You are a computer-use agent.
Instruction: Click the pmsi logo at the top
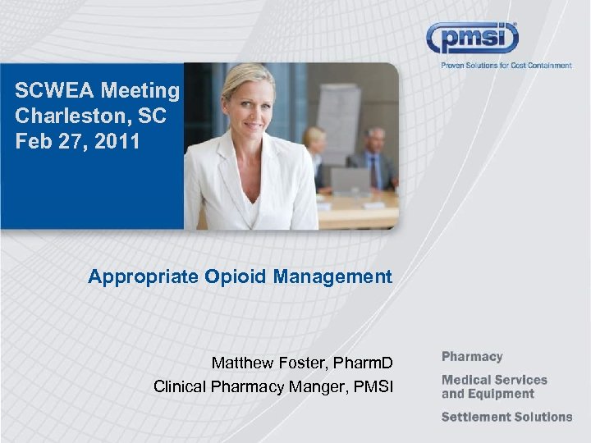(x=472, y=39)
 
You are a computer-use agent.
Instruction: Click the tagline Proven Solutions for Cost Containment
(x=506, y=66)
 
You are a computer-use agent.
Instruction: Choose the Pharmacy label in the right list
(x=472, y=357)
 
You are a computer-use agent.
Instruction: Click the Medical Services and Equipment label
(x=494, y=386)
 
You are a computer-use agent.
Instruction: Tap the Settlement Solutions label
(x=506, y=417)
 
